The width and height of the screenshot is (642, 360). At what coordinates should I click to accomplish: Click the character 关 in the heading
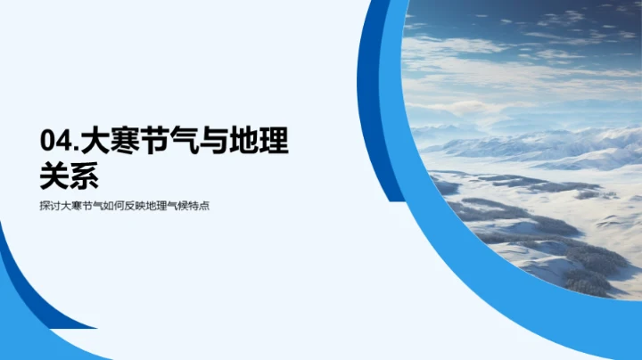56,175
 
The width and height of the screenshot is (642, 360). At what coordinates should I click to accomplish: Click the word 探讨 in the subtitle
52,206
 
